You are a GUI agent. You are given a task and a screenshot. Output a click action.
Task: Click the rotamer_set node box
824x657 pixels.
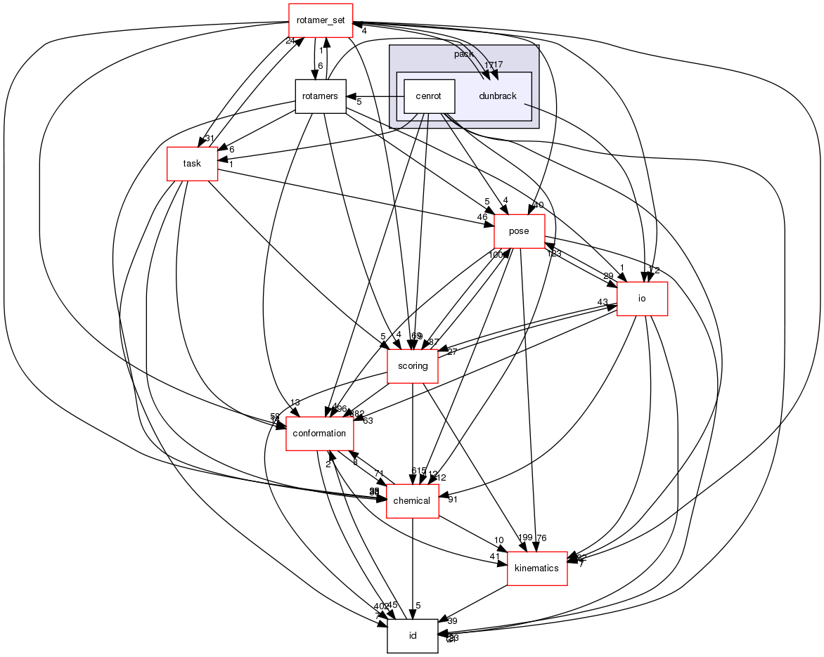[x=321, y=20]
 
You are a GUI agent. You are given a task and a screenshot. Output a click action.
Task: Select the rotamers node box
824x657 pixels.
[x=320, y=96]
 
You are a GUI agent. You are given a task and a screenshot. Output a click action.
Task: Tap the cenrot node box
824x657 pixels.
[x=428, y=96]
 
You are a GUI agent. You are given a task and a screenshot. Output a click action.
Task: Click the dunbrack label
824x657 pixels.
[x=498, y=96]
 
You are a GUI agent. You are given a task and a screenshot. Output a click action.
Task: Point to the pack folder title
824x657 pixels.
[x=464, y=54]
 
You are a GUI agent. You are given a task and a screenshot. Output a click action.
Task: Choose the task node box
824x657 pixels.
[x=192, y=163]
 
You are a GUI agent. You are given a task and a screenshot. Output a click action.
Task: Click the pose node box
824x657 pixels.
[x=519, y=231]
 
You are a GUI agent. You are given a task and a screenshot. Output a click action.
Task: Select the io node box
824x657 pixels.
[x=641, y=298]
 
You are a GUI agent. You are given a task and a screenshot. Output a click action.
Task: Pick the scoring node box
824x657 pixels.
[x=413, y=365]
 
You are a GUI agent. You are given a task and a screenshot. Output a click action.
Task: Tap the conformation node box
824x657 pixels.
[x=319, y=433]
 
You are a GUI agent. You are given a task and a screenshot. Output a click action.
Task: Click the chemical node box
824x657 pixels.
[x=412, y=500]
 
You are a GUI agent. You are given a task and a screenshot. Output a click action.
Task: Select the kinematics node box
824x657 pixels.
[x=537, y=568]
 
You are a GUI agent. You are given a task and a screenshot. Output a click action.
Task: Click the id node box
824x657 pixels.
[x=413, y=635]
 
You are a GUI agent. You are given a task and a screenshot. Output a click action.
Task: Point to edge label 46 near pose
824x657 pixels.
[x=482, y=218]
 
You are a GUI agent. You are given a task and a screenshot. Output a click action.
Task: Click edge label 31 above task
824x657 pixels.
[x=209, y=138]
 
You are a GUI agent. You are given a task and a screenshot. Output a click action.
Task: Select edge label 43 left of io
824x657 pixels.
[x=603, y=302]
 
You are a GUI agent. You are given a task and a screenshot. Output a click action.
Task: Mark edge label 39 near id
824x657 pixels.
[x=452, y=621]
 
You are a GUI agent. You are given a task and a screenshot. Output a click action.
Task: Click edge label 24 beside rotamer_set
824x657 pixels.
[x=289, y=41]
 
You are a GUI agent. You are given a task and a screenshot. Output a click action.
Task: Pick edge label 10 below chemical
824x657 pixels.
[x=498, y=540]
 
